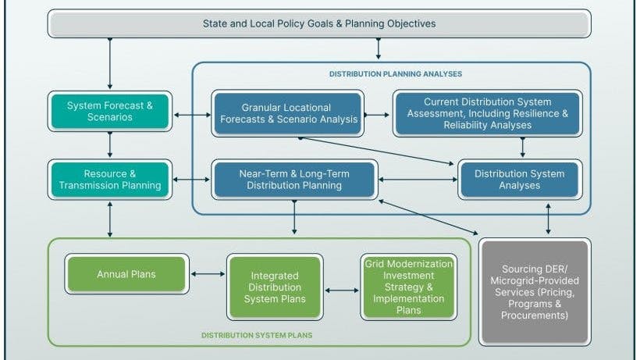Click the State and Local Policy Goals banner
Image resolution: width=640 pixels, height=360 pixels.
click(320, 23)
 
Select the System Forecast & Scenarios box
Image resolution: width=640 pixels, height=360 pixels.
click(109, 112)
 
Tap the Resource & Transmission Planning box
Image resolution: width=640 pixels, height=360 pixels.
click(109, 180)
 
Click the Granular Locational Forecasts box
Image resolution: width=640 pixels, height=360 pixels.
click(288, 113)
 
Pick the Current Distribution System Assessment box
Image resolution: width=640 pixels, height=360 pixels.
click(486, 113)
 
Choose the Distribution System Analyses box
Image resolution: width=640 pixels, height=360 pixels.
click(519, 180)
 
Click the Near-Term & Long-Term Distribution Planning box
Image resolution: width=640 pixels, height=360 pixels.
click(294, 180)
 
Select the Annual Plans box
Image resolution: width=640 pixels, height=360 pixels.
click(126, 274)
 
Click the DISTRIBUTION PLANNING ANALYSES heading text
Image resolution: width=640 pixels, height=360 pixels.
click(395, 73)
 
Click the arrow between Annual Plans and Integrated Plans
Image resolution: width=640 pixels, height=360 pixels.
click(208, 274)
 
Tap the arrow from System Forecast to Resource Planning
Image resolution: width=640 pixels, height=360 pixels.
click(110, 144)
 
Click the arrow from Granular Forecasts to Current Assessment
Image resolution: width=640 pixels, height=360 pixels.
click(377, 114)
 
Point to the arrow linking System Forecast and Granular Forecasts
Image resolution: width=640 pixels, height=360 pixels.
click(190, 115)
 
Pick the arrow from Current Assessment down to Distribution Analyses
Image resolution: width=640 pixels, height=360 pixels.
click(522, 148)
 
